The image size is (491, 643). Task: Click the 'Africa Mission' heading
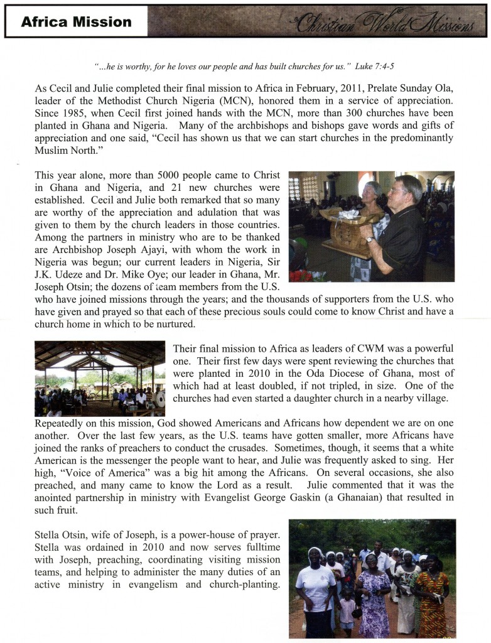pyautogui.click(x=76, y=23)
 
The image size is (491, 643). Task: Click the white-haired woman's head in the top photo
pyautogui.click(x=372, y=193)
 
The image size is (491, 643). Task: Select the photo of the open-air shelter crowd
pyautogui.click(x=100, y=379)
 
